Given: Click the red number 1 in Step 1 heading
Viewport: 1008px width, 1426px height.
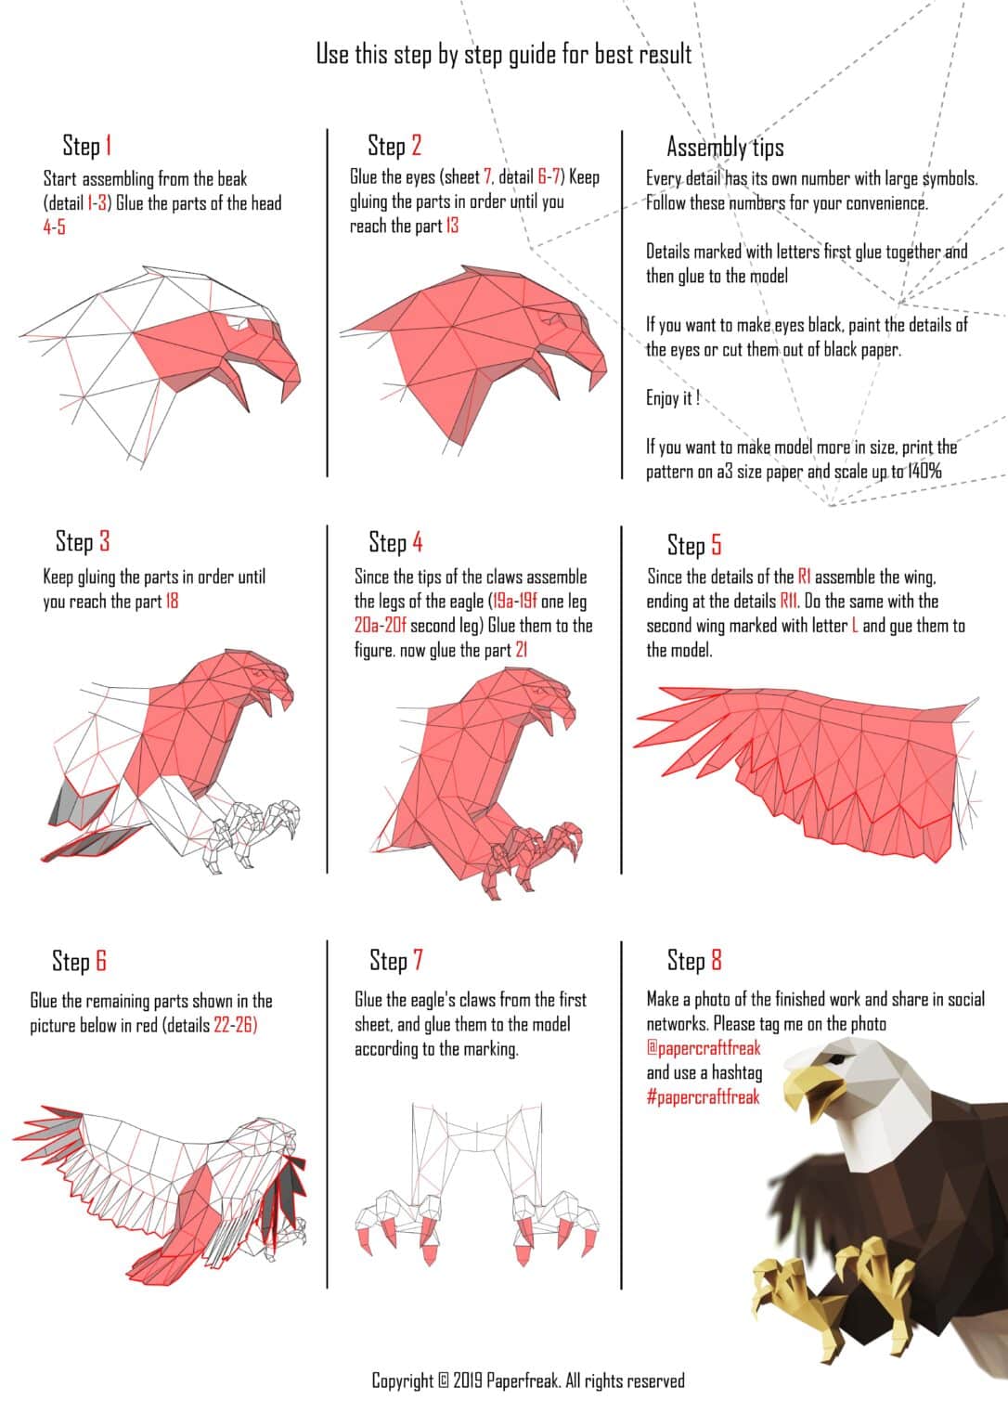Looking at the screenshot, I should click(108, 146).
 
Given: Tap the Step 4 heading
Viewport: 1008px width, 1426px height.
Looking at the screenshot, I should click(395, 542).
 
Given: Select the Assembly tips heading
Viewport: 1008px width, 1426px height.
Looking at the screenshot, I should click(725, 147).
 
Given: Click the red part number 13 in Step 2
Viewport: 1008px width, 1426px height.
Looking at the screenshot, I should click(451, 226).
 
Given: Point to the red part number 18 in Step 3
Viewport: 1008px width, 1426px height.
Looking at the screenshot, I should click(172, 602).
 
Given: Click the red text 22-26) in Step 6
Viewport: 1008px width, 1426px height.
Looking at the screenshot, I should click(235, 1026).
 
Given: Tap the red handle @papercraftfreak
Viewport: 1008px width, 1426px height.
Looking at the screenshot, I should click(703, 1048).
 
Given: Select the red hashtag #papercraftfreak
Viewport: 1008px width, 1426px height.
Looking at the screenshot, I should click(703, 1097).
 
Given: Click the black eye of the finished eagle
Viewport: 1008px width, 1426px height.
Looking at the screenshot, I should click(839, 1059).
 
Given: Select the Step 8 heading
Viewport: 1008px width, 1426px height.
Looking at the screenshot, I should click(694, 961).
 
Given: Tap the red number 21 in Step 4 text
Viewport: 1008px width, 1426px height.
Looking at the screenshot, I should click(521, 651).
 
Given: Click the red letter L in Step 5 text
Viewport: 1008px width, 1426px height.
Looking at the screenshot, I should click(854, 626).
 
